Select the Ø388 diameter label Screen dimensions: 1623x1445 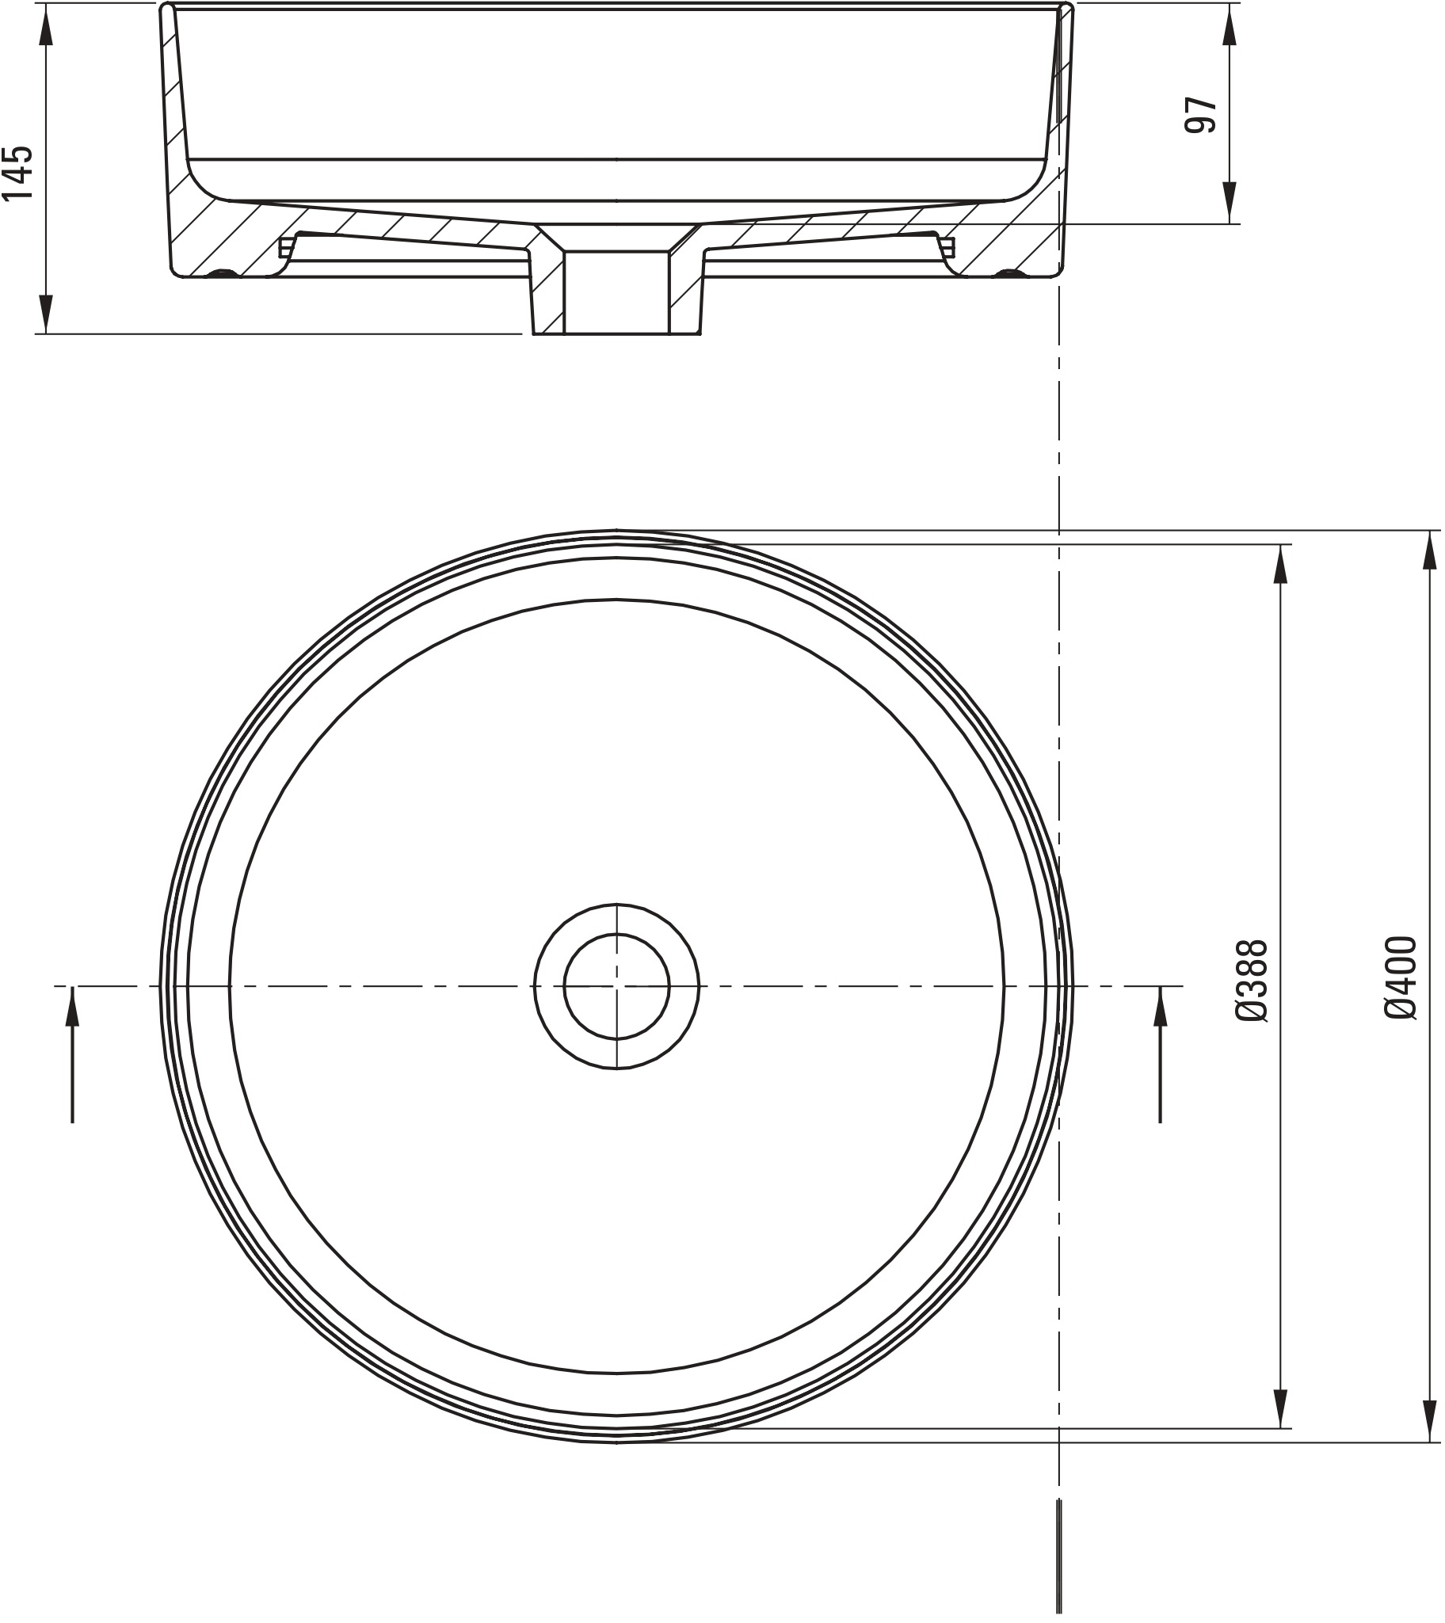pos(1255,983)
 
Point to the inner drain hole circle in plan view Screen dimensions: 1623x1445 pos(617,986)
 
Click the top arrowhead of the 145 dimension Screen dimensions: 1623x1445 pos(46,28)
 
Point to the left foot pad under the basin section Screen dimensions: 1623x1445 pos(222,274)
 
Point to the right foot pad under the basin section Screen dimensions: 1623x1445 pos(1011,274)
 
